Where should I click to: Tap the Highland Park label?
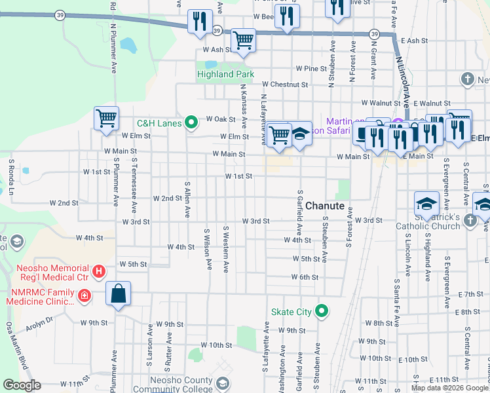(x=225, y=75)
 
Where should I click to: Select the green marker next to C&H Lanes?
(x=191, y=122)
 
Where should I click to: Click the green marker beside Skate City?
(x=322, y=311)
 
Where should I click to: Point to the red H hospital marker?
(x=98, y=270)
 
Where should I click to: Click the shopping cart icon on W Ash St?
(x=243, y=40)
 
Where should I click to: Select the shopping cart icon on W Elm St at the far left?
(x=106, y=119)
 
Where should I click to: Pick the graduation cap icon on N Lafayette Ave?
(x=300, y=134)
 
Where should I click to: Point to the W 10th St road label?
(x=216, y=345)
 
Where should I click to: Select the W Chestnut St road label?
(x=284, y=84)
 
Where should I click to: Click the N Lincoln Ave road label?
(x=404, y=77)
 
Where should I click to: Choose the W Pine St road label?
(x=311, y=68)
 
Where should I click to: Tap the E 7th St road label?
(x=470, y=294)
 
